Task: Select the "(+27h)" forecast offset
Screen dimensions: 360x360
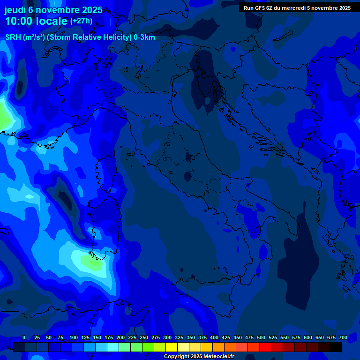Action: (x=81, y=21)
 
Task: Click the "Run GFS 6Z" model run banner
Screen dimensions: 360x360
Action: (x=297, y=7)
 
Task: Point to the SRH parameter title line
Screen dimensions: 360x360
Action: (x=80, y=37)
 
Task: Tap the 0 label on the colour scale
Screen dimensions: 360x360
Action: (x=24, y=337)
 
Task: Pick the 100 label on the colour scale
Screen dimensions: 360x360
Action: (x=74, y=337)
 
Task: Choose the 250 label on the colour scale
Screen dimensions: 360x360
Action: (x=144, y=337)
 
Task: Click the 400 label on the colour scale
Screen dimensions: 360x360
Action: (x=214, y=337)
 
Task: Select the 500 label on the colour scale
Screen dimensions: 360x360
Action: (x=261, y=337)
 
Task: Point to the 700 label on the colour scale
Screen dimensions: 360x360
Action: (x=343, y=337)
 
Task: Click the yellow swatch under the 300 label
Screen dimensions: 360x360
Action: (x=172, y=347)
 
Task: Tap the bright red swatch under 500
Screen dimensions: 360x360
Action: (x=265, y=347)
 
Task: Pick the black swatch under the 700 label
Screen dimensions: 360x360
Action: (x=336, y=347)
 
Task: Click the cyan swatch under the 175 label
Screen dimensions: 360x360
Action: (x=113, y=347)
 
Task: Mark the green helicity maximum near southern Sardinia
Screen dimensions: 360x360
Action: (x=94, y=262)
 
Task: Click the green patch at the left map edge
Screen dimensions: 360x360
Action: (x=4, y=117)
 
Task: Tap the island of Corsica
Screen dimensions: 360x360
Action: (x=105, y=171)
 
